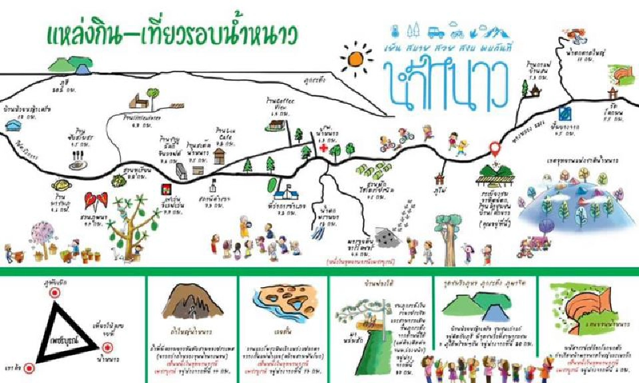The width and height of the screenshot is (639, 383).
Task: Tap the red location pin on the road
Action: [494, 148]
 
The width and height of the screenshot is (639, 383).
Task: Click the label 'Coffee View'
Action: [277, 104]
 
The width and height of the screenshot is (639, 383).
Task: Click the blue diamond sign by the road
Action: [564, 112]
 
